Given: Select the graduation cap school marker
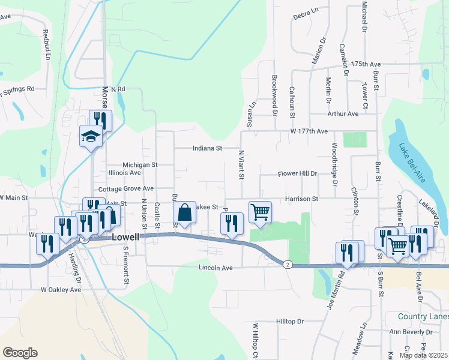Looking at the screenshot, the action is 91,136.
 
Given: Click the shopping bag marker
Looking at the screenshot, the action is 184,213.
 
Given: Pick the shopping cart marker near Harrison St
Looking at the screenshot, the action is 260,211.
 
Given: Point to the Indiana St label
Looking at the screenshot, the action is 207,148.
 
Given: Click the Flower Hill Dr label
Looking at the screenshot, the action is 297,173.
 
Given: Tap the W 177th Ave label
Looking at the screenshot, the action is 309,131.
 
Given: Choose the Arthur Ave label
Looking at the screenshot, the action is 343,113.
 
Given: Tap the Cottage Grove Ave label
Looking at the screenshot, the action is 127,188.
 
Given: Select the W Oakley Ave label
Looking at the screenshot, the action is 61,289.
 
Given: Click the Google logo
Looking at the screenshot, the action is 20,353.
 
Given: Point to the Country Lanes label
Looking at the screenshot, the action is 423,316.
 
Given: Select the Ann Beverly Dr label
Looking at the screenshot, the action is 411,332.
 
